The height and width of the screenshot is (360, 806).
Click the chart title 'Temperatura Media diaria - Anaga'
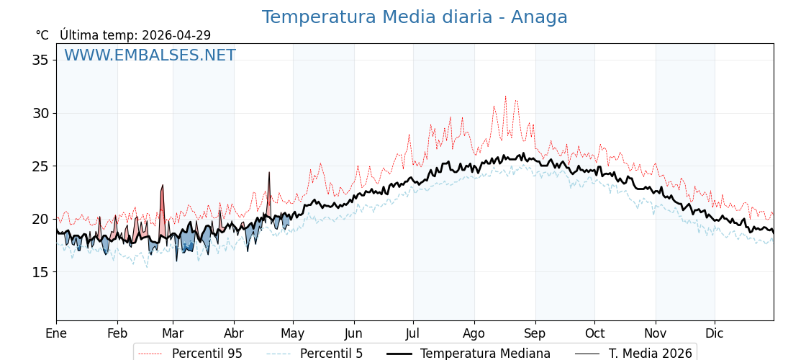(415, 17)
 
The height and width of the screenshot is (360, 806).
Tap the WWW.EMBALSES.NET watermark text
(150, 55)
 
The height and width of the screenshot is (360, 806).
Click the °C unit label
(42, 35)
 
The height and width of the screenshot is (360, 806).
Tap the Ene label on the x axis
(56, 334)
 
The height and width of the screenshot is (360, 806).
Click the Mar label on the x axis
(173, 334)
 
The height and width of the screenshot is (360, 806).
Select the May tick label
(293, 334)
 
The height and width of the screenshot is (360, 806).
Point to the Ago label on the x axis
(474, 334)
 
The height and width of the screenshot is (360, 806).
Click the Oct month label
(594, 334)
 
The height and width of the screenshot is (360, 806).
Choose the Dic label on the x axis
(715, 334)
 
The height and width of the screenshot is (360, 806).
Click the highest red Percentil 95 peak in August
(505, 96)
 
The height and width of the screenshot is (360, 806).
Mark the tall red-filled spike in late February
(163, 186)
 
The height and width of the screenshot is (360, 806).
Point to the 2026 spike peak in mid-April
(269, 173)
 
